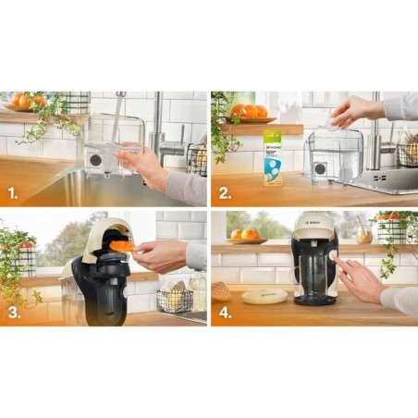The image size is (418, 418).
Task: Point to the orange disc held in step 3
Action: (x=128, y=247)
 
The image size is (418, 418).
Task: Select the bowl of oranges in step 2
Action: (x=252, y=112)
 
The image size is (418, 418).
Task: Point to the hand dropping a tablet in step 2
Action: (x=356, y=111)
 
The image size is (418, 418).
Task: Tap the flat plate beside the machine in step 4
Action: (x=264, y=296)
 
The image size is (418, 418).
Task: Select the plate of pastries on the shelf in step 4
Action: (x=244, y=238)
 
